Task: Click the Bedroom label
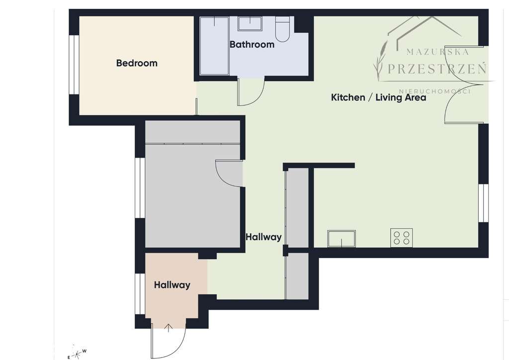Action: (137, 63)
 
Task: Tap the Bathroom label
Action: (252, 44)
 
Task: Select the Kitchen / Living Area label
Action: (378, 97)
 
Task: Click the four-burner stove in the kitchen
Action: (401, 237)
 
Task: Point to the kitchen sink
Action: (341, 239)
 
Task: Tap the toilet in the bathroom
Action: (283, 28)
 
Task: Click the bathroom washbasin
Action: (250, 23)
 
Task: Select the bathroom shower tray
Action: (214, 46)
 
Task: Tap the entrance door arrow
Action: (169, 327)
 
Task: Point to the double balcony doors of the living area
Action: (465, 85)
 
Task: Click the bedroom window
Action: (74, 64)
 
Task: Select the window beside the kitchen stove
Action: (483, 203)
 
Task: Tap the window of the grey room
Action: (140, 188)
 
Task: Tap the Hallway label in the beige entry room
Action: (172, 285)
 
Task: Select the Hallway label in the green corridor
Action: (263, 237)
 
